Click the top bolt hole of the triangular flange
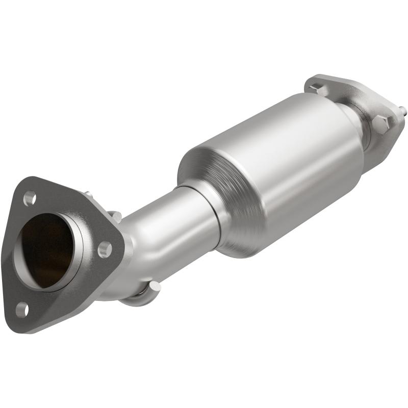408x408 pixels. click(30, 197)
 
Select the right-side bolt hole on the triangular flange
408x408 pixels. click(104, 249)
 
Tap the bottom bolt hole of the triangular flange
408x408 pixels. click(21, 308)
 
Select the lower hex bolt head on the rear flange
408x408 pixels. click(381, 122)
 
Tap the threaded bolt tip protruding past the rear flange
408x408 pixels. click(403, 109)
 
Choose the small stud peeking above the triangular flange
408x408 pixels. click(88, 194)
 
